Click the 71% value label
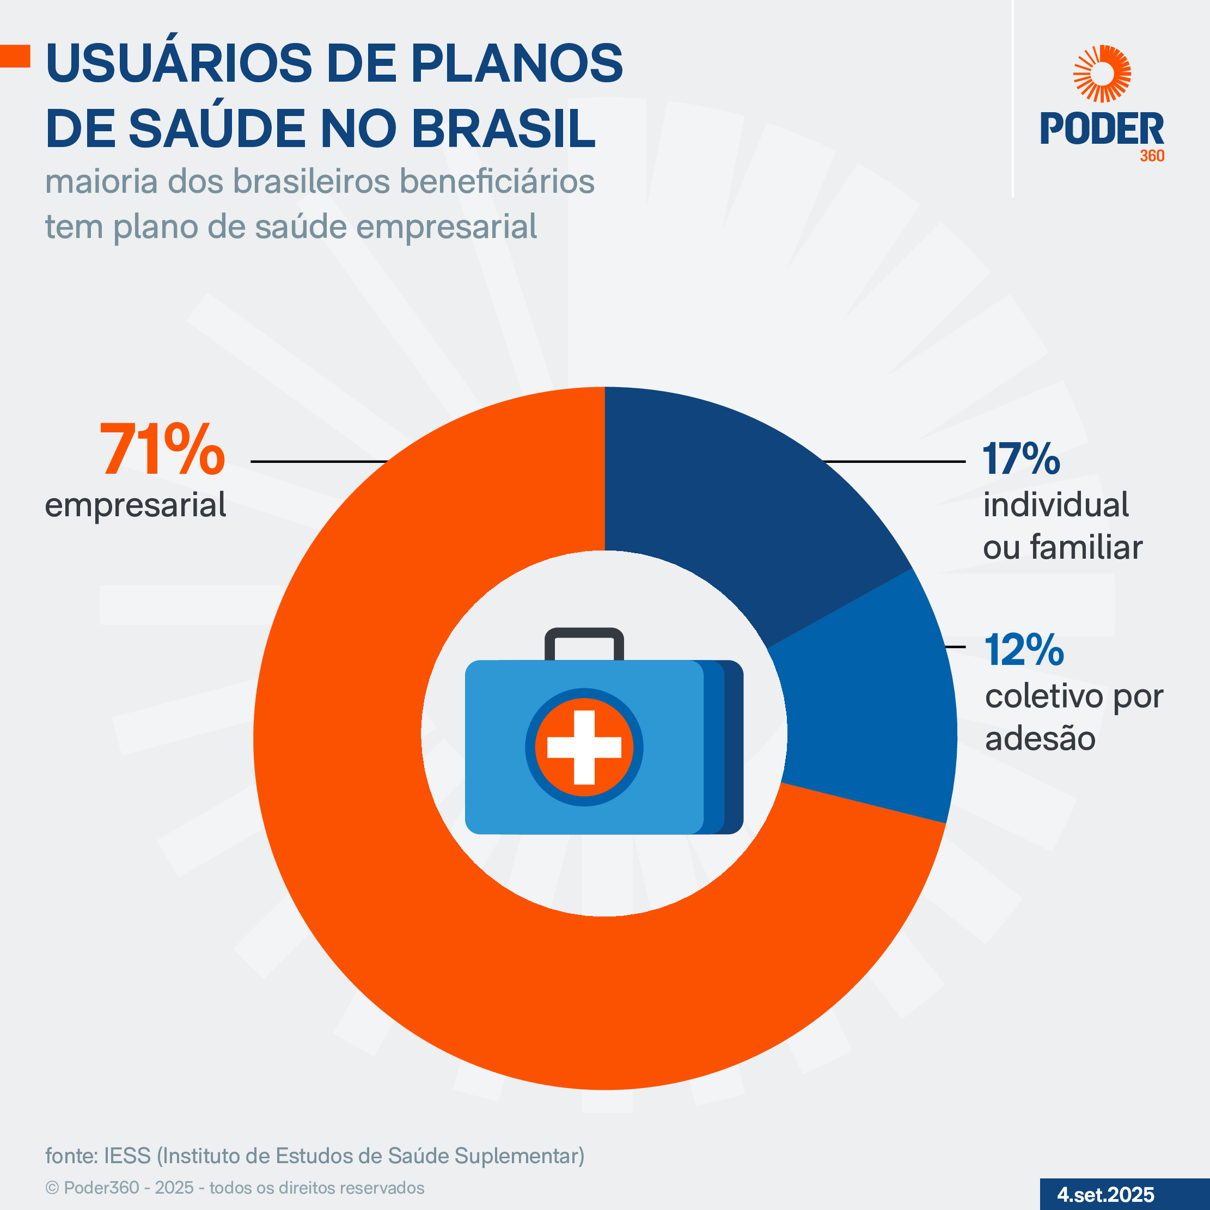click(162, 450)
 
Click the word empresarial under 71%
click(135, 505)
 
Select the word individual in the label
click(1056, 505)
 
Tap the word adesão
click(1040, 738)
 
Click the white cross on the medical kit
click(584, 747)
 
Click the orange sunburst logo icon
click(1102, 74)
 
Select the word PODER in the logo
click(1102, 129)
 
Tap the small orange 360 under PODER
click(1152, 156)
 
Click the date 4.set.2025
click(1105, 1194)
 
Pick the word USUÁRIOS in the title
click(179, 63)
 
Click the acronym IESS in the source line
click(127, 1156)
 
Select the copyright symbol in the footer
click(52, 1188)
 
